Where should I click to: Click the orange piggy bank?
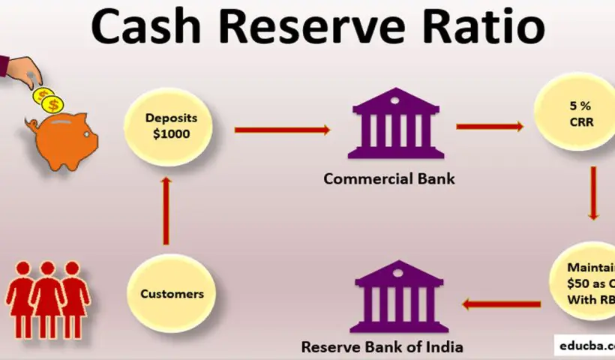[x=62, y=139]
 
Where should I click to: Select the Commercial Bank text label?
[x=389, y=179]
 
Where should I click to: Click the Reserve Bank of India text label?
[x=382, y=346]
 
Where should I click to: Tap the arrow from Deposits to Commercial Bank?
[x=282, y=130]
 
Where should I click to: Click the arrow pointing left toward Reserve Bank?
[x=501, y=304]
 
